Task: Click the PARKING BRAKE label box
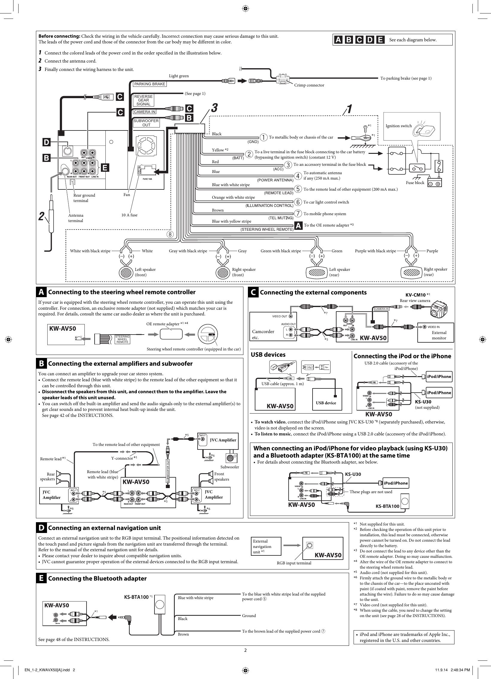[149, 84]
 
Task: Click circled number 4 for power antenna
[298, 176]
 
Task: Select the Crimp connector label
[309, 85]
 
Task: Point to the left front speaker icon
[126, 273]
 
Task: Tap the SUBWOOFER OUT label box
[146, 123]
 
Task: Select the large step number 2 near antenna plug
[41, 216]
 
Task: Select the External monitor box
[436, 332]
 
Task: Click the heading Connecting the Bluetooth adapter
[97, 578]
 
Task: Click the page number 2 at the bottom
[245, 650]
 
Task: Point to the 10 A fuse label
[129, 215]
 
